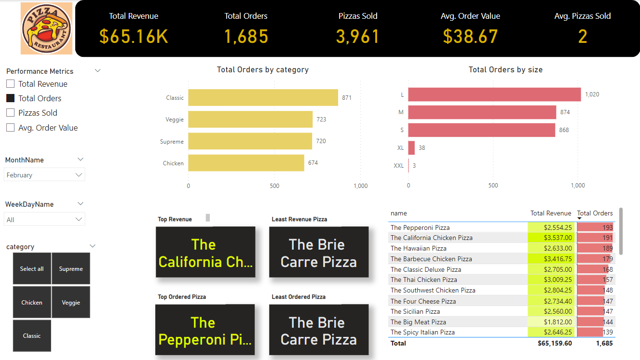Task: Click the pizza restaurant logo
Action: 46,28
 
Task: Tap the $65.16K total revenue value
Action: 134,37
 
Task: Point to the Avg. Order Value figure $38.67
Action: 470,37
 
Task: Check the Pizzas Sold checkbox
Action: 11,113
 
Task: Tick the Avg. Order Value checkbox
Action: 11,128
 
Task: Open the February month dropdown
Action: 44,175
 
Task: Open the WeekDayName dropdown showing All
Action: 44,220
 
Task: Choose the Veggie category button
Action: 71,303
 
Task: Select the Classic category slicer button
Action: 32,336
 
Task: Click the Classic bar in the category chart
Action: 263,97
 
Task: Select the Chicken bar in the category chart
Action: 246,163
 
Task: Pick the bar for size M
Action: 482,112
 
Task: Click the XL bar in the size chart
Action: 411,148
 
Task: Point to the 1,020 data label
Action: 592,94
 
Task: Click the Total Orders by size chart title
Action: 505,70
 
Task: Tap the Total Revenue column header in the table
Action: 550,213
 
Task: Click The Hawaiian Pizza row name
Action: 419,248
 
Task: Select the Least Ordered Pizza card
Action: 319,331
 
